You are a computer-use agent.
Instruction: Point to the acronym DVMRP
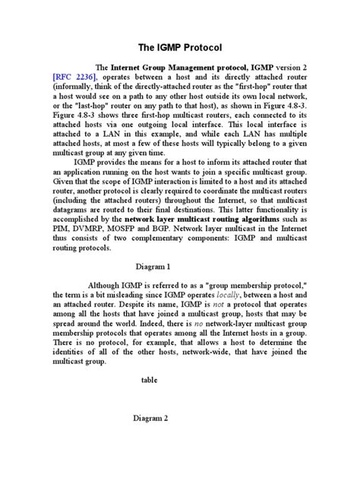(x=91, y=226)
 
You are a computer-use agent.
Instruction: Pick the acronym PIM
(x=62, y=226)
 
